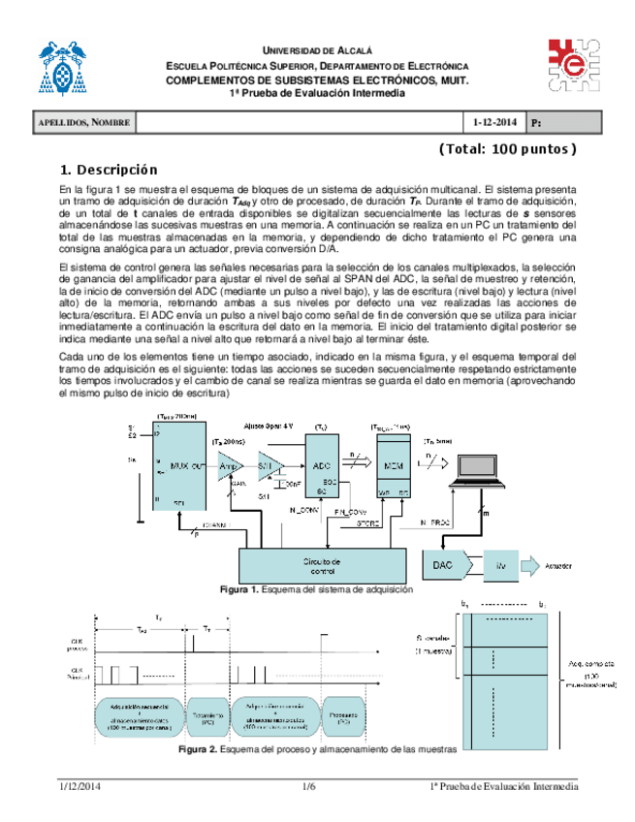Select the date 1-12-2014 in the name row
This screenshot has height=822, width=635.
pyautogui.click(x=495, y=123)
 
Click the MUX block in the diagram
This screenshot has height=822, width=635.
pyautogui.click(x=179, y=464)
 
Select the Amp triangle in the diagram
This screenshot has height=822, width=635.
pyautogui.click(x=229, y=465)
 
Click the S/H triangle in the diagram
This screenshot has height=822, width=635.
pyautogui.click(x=269, y=465)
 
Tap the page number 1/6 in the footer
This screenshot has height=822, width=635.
pyautogui.click(x=309, y=786)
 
